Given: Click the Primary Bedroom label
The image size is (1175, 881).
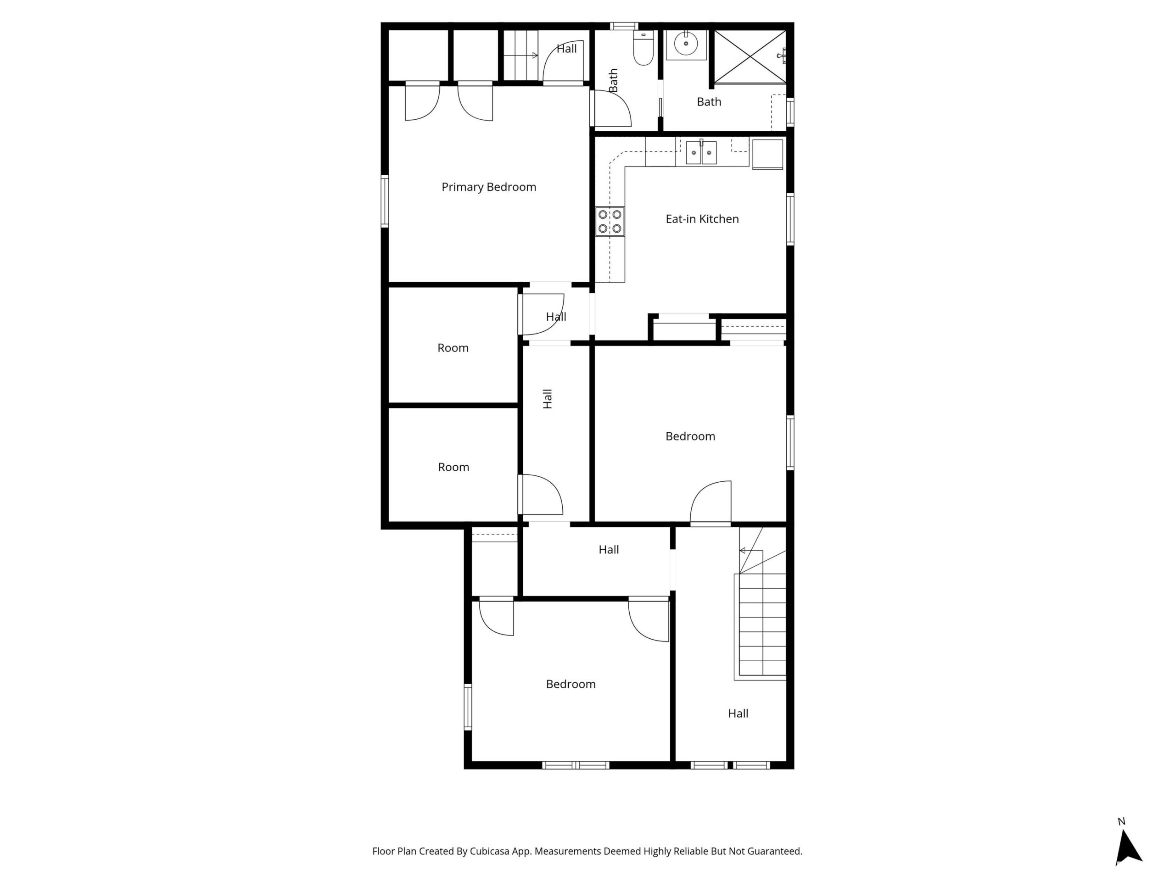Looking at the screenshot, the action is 489,187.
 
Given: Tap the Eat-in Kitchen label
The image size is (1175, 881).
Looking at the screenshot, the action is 702,219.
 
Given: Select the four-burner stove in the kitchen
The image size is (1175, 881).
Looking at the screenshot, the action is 610,222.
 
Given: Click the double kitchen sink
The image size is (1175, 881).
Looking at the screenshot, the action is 701,152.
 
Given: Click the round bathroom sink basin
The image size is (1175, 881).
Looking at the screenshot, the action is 686,43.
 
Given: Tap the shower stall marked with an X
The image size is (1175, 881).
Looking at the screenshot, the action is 750,56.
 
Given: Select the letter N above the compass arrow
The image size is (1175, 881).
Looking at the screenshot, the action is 1121,821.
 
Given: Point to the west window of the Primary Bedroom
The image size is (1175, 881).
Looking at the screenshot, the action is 385,201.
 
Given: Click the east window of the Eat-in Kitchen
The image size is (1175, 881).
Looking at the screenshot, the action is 790,219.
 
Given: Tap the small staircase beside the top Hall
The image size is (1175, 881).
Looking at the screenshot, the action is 521,55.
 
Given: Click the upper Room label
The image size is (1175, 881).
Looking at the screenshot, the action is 453,348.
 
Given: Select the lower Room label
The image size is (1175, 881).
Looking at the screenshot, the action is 453,467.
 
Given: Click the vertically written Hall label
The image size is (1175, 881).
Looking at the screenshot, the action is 548,399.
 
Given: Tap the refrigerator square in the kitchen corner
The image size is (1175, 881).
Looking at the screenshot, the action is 767,154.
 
